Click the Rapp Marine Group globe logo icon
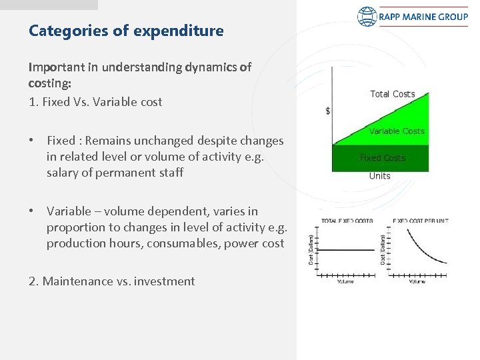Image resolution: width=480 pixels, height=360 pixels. click(367, 17)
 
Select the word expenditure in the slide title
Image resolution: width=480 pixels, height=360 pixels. click(185, 31)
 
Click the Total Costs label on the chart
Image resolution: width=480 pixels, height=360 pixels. click(392, 94)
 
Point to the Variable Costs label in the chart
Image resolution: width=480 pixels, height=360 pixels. click(397, 131)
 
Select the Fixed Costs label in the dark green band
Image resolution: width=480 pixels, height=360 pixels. click(382, 158)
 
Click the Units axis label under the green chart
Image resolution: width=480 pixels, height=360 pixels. click(380, 176)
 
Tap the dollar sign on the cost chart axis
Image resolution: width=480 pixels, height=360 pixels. click(327, 111)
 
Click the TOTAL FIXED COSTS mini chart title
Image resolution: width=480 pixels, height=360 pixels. click(347, 221)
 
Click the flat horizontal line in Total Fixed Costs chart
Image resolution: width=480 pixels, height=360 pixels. click(347, 251)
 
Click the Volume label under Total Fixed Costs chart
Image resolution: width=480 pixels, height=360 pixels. click(345, 281)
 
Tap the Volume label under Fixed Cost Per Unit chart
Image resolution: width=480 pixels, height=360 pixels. click(417, 281)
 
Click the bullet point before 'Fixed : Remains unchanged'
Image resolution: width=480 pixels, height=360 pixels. click(32, 141)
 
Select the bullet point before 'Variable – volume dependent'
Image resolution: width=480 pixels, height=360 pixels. click(32, 211)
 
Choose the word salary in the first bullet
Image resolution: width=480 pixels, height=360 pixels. click(62, 173)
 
